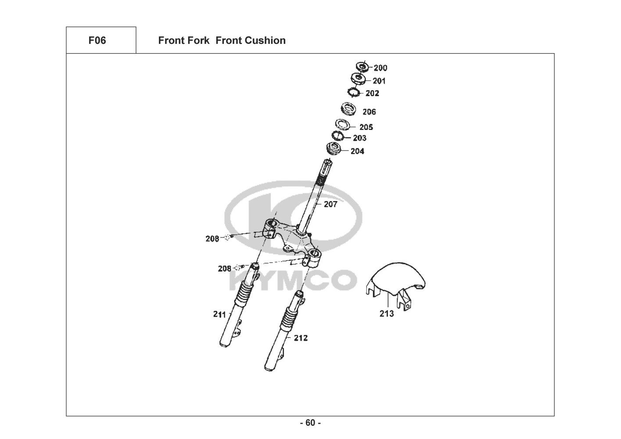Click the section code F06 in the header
point(97,40)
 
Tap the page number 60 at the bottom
point(310,423)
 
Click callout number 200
point(380,68)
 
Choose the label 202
point(372,94)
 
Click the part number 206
point(369,112)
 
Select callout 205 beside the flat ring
point(366,127)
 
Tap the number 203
point(359,138)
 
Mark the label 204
point(357,151)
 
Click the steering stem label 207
point(330,204)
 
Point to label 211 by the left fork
point(219,314)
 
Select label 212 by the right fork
point(301,338)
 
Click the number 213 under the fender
point(387,314)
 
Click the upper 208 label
point(212,239)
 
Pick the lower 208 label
point(224,268)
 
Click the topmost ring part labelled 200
point(363,67)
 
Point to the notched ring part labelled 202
point(353,92)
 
